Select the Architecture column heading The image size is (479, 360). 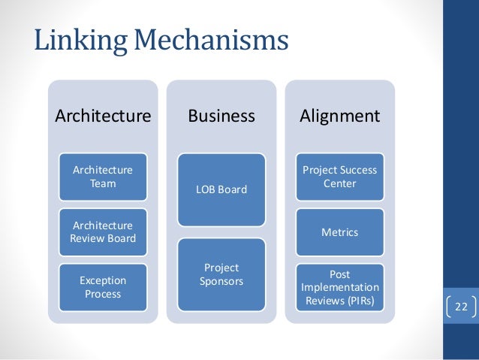103,116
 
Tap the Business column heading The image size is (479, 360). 221,116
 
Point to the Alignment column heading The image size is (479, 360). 339,116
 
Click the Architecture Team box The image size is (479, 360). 103,177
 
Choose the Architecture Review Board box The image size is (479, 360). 103,232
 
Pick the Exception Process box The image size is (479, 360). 103,287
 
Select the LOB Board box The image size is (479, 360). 221,189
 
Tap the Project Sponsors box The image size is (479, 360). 221,274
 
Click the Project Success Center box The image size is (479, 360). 339,177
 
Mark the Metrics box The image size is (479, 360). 339,232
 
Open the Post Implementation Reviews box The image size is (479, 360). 339,288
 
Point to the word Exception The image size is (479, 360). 103,280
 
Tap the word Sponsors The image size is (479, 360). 221,281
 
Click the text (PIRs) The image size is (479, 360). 363,301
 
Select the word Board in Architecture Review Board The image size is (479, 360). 122,239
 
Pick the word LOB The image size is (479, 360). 206,189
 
